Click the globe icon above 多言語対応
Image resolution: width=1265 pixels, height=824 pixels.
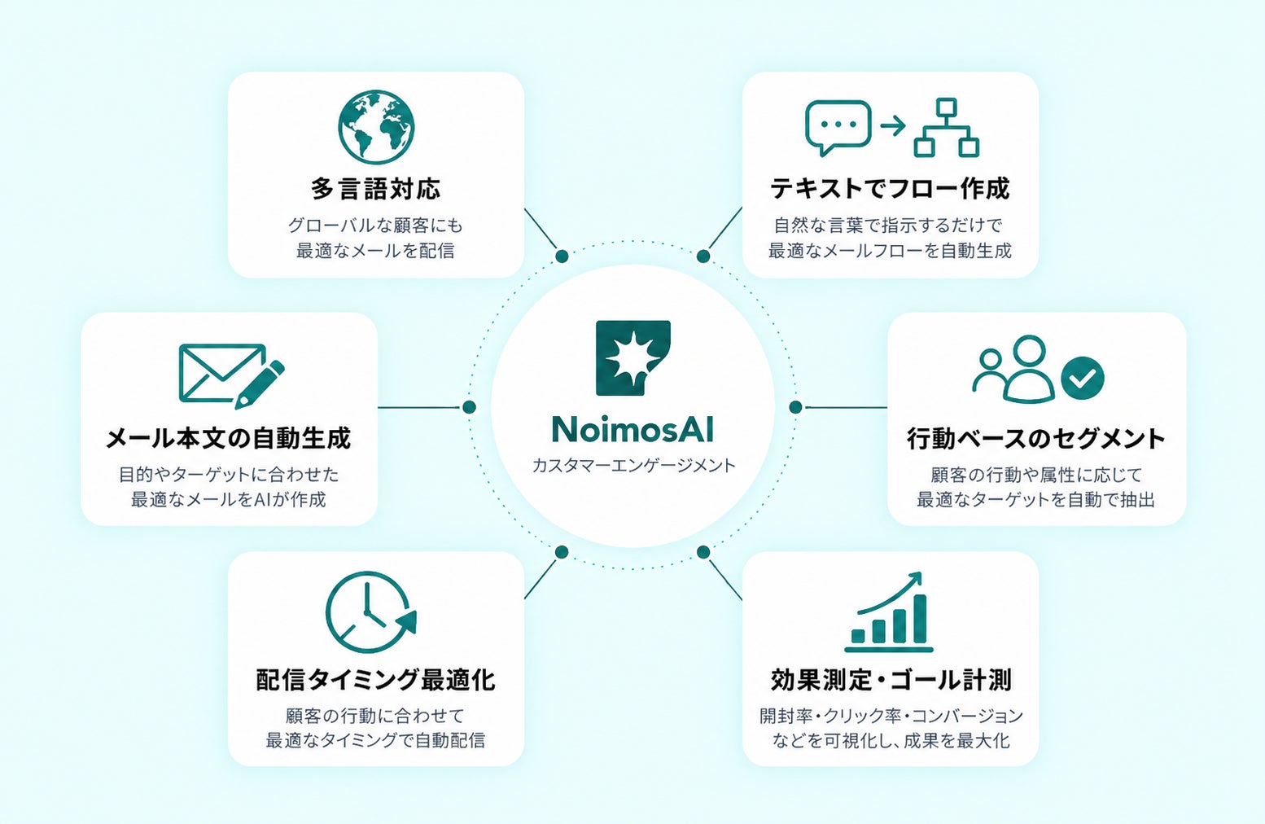click(x=376, y=126)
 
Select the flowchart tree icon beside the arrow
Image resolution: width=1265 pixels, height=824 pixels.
click(x=947, y=127)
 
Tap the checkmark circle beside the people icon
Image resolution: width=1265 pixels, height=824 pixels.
click(x=1083, y=378)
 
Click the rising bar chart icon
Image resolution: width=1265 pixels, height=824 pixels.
click(x=889, y=612)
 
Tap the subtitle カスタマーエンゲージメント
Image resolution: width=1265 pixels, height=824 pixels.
click(x=633, y=466)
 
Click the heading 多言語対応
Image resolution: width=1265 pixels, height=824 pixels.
click(x=375, y=189)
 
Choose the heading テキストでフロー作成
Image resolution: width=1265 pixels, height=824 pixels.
click(x=890, y=189)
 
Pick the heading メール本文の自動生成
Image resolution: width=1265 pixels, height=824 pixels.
click(x=229, y=438)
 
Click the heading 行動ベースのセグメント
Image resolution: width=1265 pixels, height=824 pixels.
click(x=1036, y=438)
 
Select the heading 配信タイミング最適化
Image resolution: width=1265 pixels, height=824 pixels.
click(x=375, y=679)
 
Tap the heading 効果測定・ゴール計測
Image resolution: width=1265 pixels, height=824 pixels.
click(x=891, y=679)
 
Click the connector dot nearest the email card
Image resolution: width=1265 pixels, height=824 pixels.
click(x=469, y=407)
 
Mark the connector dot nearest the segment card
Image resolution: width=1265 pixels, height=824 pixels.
click(x=795, y=407)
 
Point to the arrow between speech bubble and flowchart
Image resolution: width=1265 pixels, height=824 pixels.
click(x=893, y=125)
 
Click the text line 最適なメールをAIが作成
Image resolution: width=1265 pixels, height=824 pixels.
click(x=229, y=500)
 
